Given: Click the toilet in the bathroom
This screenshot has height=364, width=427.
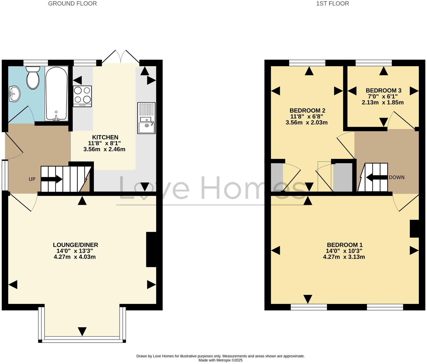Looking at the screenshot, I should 33,77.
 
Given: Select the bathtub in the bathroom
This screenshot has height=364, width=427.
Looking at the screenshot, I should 56,93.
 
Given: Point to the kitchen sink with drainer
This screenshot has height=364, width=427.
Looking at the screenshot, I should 146,118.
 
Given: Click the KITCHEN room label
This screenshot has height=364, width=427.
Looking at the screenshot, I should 105,137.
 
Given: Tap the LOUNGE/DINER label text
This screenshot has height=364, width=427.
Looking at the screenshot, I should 75,245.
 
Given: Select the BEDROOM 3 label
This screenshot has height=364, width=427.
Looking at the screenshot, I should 383,90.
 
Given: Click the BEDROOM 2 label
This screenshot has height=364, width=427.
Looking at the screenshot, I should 307,111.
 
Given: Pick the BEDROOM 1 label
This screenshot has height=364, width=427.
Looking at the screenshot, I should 345,245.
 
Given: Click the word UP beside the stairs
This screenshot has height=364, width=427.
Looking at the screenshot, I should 32,179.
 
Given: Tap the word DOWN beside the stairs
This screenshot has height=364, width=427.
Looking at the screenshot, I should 396,177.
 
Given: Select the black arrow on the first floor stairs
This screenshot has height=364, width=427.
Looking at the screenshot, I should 376,177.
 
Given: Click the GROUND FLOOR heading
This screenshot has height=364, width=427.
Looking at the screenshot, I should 72,4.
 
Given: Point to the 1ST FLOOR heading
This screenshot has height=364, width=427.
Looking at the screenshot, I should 332,4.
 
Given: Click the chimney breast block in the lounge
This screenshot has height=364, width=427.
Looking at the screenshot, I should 151,250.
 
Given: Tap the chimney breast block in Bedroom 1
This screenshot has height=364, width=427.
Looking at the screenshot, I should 414,229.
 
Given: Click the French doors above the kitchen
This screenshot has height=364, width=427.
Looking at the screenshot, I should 121,57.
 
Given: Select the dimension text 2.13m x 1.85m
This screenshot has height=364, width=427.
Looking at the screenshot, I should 383,103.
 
